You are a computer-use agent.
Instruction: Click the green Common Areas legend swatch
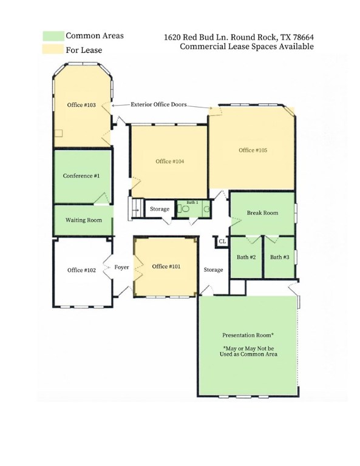click(53, 36)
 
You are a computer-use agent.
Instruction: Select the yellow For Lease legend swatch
click(53, 49)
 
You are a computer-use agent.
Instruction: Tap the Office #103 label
click(81, 105)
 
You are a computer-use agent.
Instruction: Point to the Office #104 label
click(170, 161)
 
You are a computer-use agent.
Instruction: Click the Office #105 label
click(253, 150)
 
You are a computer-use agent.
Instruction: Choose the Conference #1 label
click(81, 175)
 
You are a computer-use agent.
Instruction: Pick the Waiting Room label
click(84, 220)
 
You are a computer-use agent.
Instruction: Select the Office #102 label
click(81, 270)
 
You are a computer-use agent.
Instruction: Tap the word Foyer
click(121, 268)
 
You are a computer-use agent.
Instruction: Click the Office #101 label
click(166, 266)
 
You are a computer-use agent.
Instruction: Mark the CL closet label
click(222, 241)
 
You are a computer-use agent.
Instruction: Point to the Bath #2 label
click(246, 257)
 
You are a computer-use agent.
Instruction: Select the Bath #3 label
click(279, 257)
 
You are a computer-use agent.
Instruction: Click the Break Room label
click(262, 213)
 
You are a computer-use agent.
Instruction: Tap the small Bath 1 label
click(192, 203)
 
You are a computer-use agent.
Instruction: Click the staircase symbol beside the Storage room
click(136, 209)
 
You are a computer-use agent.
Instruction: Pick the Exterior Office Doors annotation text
click(158, 104)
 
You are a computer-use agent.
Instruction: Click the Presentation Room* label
click(248, 335)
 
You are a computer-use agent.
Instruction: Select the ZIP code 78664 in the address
click(303, 37)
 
